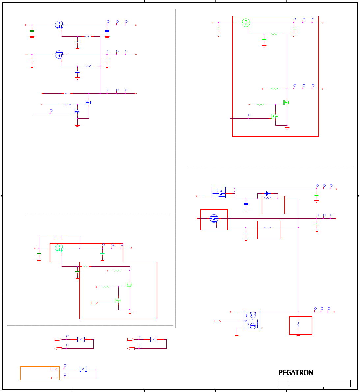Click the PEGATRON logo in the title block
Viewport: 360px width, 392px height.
click(x=295, y=373)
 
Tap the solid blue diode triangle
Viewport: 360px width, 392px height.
click(x=267, y=193)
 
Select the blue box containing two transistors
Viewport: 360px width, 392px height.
click(x=252, y=320)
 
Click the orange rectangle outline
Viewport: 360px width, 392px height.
click(x=40, y=373)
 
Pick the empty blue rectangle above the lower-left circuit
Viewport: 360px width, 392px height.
click(x=58, y=237)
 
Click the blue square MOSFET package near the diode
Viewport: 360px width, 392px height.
click(x=218, y=192)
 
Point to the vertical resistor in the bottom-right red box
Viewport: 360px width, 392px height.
click(x=298, y=325)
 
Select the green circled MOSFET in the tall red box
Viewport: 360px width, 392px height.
click(x=246, y=23)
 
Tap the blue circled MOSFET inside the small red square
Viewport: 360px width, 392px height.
click(x=214, y=218)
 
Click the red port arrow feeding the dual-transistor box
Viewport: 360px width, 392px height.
click(x=217, y=321)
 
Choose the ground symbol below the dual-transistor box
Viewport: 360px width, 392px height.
click(x=236, y=336)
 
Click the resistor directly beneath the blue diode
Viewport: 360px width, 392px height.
click(x=268, y=198)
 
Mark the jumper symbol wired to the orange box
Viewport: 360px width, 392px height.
click(x=83, y=369)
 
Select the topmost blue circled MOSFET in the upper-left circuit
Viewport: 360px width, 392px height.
click(x=59, y=25)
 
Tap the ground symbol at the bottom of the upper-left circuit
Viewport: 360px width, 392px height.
click(x=77, y=126)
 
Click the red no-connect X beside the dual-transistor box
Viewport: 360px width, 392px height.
click(x=262, y=328)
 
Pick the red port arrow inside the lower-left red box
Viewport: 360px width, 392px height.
click(x=94, y=303)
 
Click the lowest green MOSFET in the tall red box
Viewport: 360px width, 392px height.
click(x=274, y=116)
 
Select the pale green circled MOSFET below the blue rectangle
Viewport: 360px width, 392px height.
click(x=59, y=248)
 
